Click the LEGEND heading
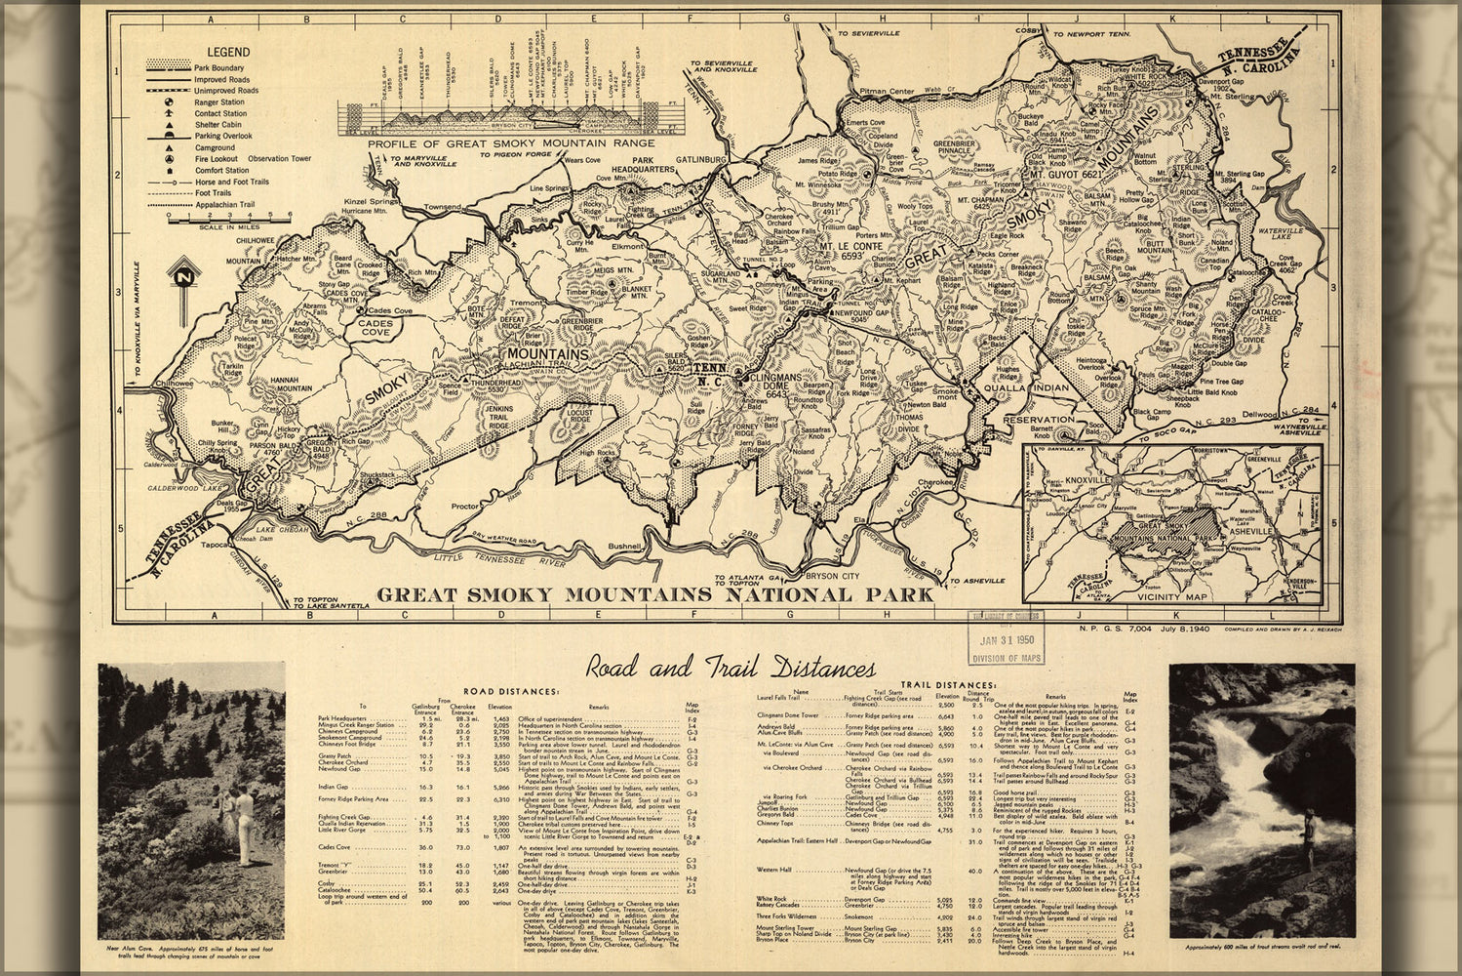(x=227, y=52)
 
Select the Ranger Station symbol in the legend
(x=170, y=102)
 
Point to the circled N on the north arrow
(x=181, y=277)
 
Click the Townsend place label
(x=442, y=207)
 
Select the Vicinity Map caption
(x=1171, y=596)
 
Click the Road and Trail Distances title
(x=730, y=669)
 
